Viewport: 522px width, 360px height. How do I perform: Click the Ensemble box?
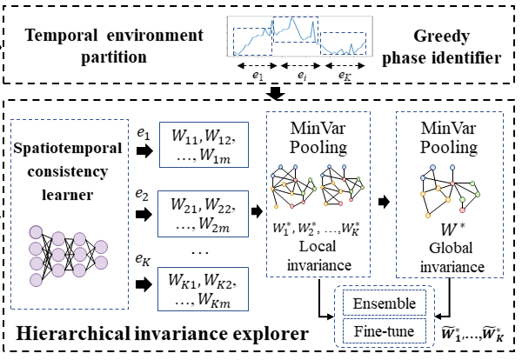[x=383, y=303]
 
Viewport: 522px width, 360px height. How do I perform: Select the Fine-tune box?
[x=383, y=331]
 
